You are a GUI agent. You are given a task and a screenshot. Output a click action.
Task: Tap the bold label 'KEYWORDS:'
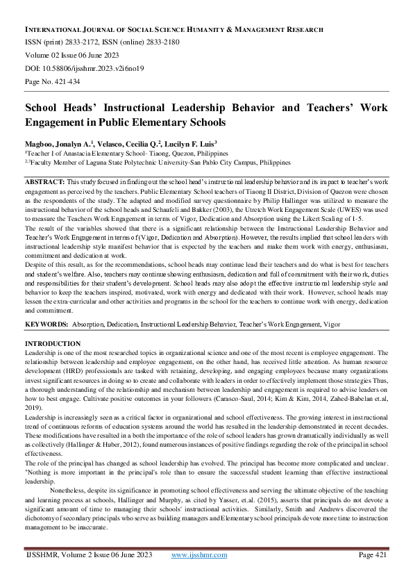click(x=47, y=324)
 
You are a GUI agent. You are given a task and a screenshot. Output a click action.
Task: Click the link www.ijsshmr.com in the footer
click(x=199, y=574)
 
